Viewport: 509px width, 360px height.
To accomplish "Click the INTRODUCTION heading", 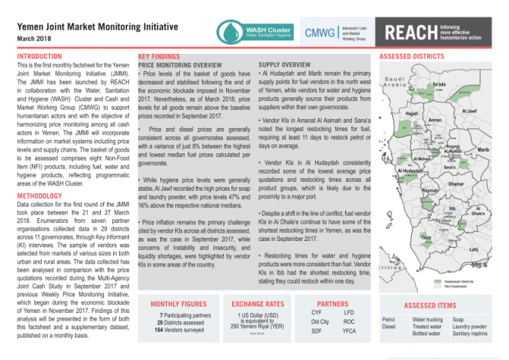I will click(40, 56).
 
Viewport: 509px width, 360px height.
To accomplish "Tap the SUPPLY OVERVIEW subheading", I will click(284, 64).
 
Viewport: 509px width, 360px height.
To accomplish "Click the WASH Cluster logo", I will click(254, 31).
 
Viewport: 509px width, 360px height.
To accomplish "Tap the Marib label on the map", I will click(483, 150).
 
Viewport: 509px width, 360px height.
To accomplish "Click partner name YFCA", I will click(349, 331).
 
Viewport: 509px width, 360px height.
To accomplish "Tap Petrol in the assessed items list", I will click(388, 320).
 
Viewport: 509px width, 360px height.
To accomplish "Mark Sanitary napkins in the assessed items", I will click(469, 335).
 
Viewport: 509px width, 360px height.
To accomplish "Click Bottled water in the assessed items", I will click(427, 335).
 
